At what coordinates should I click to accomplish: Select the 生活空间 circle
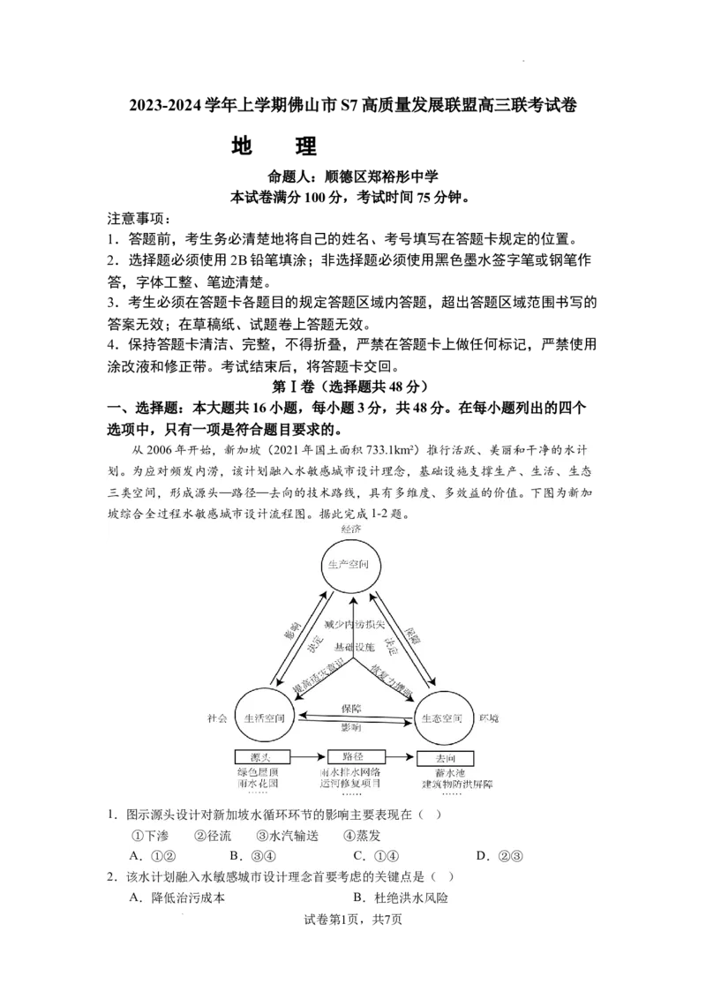265,717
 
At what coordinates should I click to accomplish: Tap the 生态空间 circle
441,717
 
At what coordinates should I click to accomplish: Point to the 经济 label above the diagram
351,528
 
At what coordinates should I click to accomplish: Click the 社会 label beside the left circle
217,718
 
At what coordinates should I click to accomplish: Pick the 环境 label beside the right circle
489,718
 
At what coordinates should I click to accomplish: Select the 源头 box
263,757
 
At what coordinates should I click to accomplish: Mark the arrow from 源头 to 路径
309,757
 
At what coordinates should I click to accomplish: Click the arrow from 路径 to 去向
401,757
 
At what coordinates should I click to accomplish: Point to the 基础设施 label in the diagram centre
354,647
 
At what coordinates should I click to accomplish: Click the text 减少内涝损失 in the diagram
355,626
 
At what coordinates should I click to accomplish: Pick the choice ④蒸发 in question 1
362,835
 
